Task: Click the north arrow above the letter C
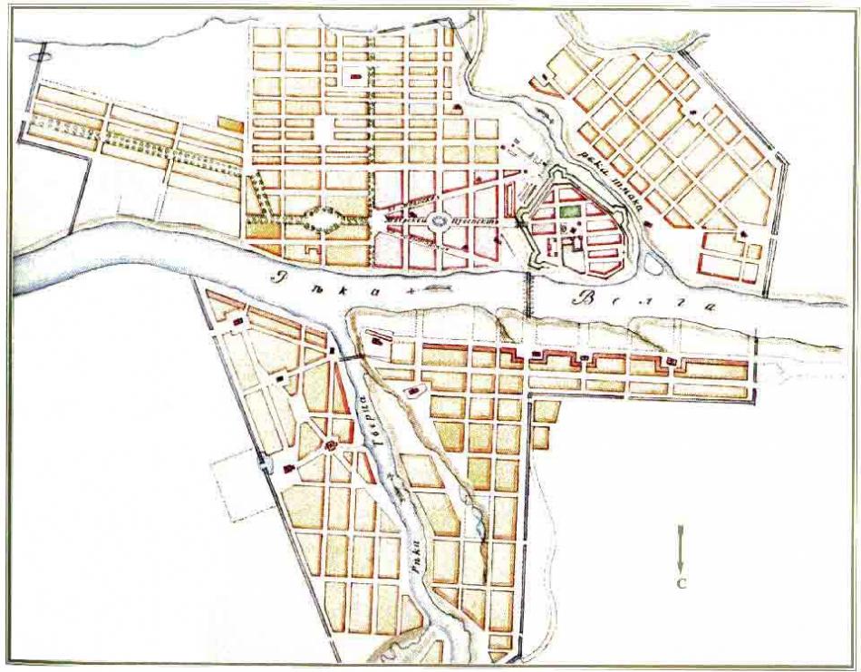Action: point(682,543)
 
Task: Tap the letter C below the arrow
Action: point(682,583)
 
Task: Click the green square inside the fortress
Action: point(568,210)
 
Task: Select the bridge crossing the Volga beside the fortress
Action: point(527,292)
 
